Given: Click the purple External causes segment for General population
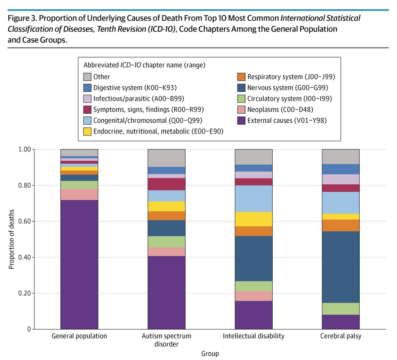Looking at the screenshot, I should pyautogui.click(x=79, y=264).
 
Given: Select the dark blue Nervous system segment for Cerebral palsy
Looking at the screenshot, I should pyautogui.click(x=341, y=267).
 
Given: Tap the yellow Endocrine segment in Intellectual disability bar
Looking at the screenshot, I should pyautogui.click(x=254, y=219).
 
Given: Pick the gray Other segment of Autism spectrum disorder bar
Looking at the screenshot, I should pyautogui.click(x=166, y=158).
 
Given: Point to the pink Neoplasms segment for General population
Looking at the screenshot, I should pyautogui.click(x=79, y=194).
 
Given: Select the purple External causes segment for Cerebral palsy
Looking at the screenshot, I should pyautogui.click(x=341, y=322).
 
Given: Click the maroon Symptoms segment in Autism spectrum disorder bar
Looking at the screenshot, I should pyautogui.click(x=166, y=184).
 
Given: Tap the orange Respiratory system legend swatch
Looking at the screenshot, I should pyautogui.click(x=241, y=77).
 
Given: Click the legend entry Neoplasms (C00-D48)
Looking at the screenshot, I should pyautogui.click(x=280, y=109).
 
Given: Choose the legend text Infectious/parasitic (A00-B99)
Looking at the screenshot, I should pyautogui.click(x=139, y=99).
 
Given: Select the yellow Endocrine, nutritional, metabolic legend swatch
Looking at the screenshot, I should pyautogui.click(x=87, y=132).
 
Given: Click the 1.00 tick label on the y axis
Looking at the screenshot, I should pyautogui.click(x=25, y=149).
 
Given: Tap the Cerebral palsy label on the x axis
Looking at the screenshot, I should pyautogui.click(x=341, y=336).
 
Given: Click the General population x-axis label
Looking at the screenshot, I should pyautogui.click(x=79, y=336).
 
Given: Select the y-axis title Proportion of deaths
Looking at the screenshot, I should pyautogui.click(x=12, y=239).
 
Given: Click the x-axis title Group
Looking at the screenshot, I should pyautogui.click(x=210, y=354).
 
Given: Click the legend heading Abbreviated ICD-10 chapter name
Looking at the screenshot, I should pyautogui.click(x=144, y=65).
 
